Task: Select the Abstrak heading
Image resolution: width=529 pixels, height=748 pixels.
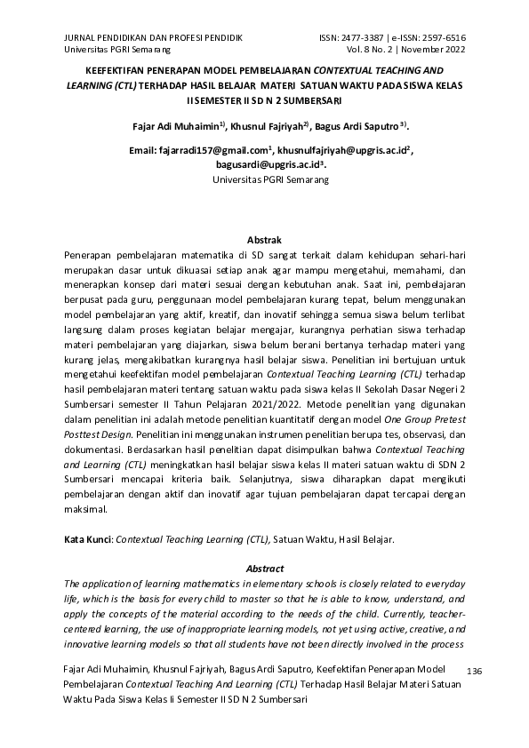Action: tap(264, 241)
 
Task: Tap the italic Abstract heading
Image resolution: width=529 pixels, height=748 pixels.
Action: tap(264, 569)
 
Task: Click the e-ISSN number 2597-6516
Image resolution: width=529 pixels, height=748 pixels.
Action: tap(441, 38)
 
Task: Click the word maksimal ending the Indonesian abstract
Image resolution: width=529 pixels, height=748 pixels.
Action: tap(85, 510)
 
